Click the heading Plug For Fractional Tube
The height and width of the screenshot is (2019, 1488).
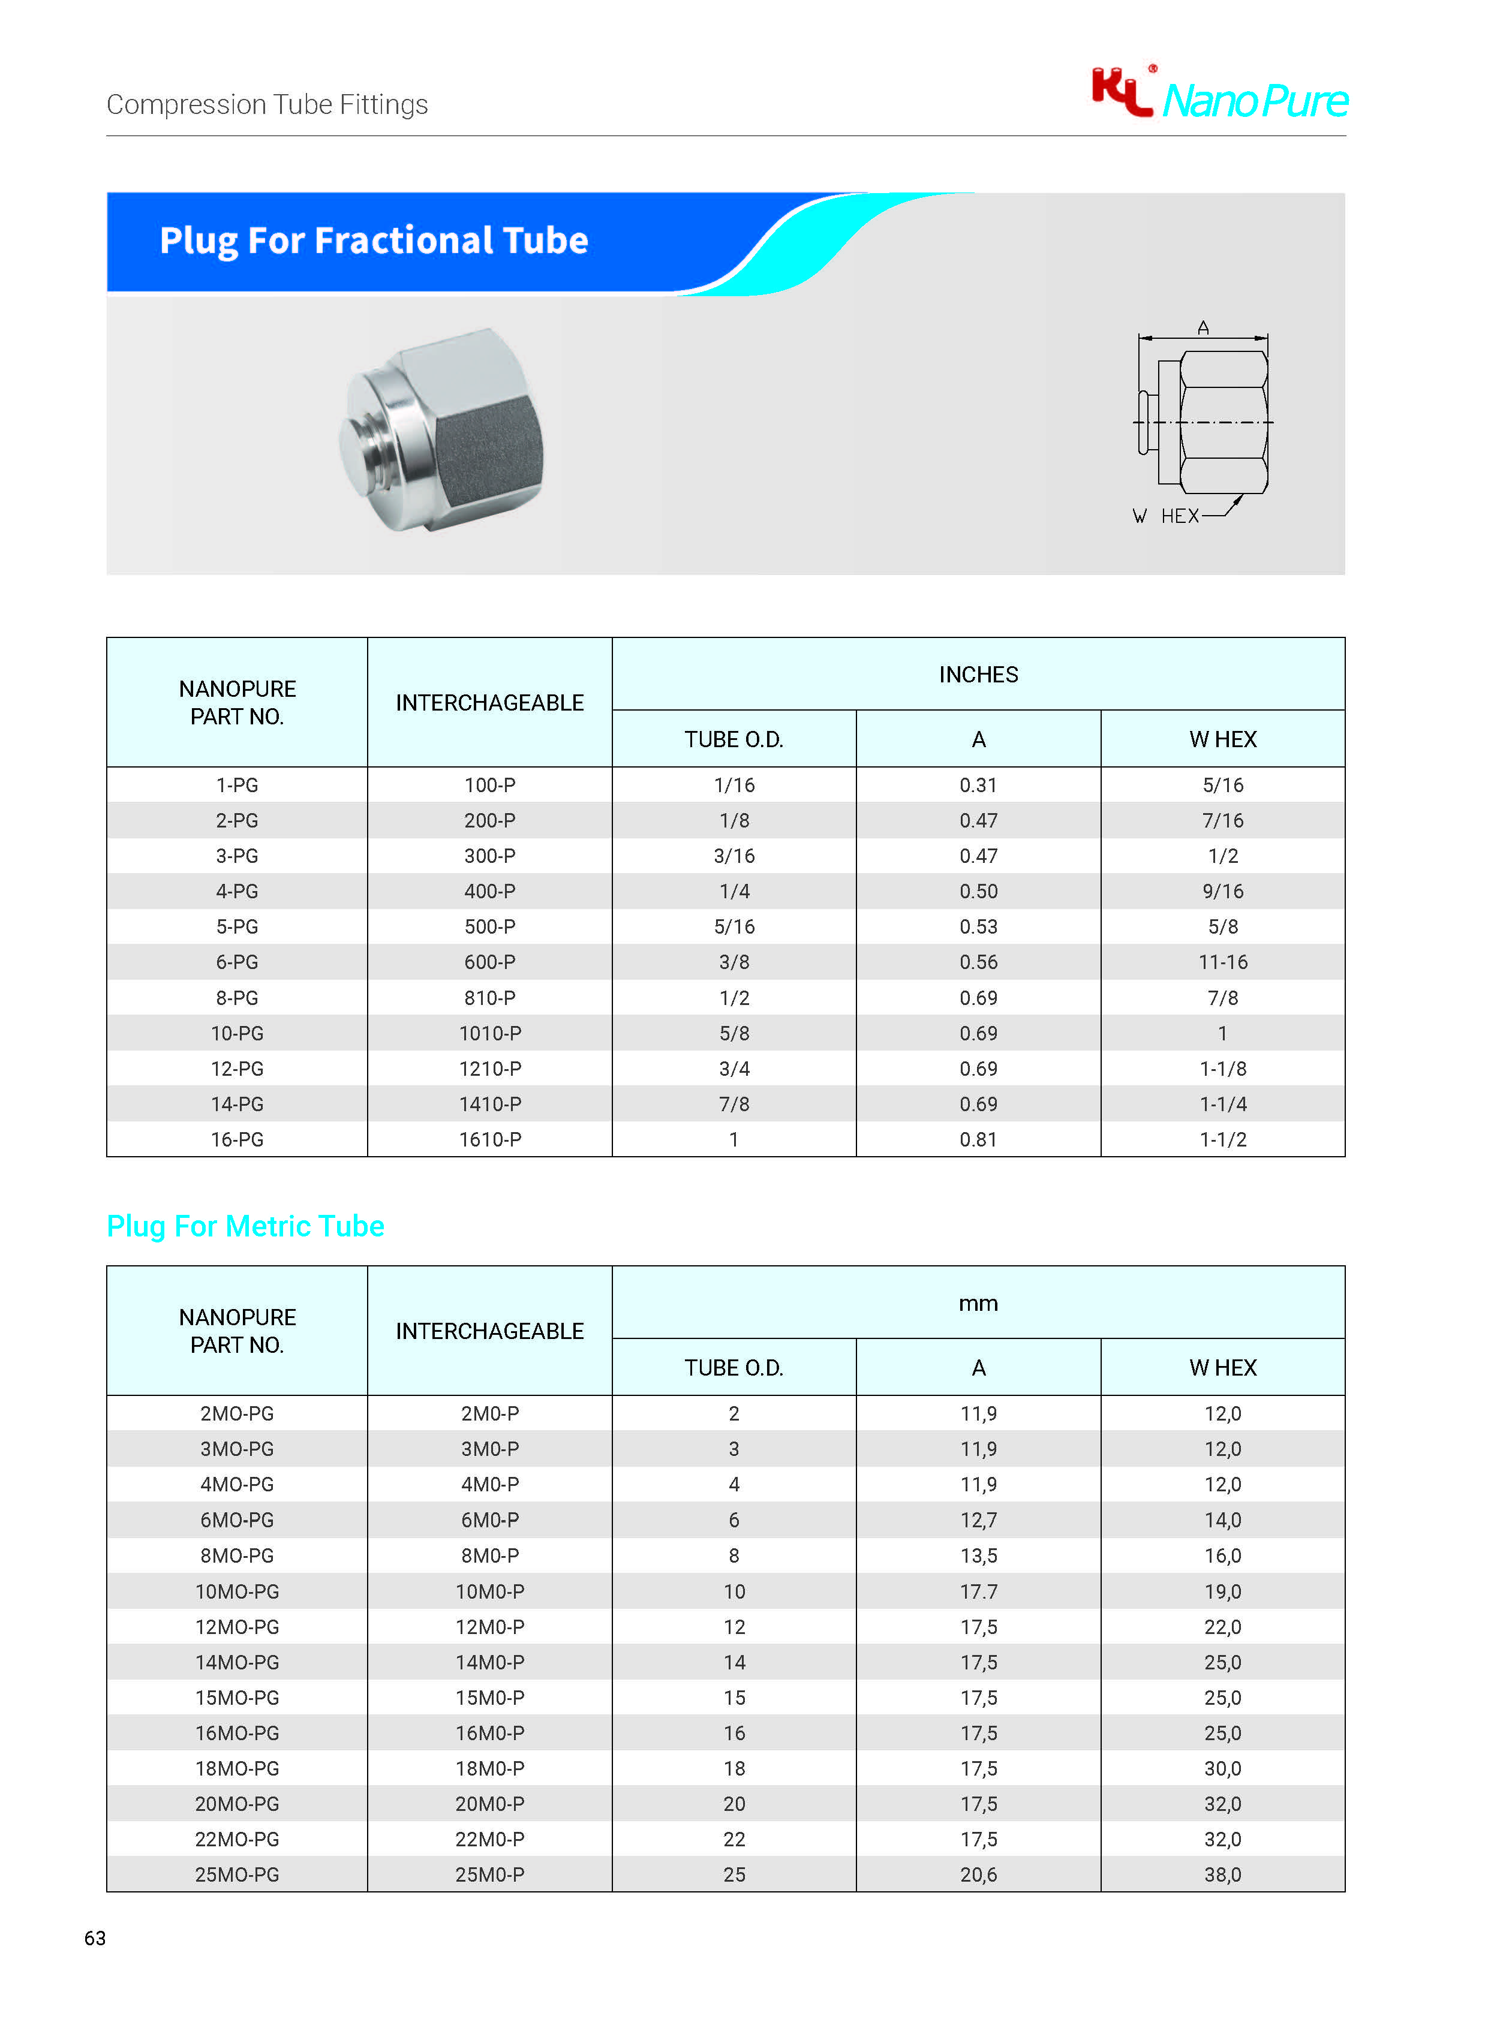click(374, 240)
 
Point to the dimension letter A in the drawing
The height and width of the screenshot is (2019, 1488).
click(1203, 328)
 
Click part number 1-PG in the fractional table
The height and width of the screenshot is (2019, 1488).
click(237, 786)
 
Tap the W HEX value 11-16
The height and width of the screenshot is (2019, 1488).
click(1222, 962)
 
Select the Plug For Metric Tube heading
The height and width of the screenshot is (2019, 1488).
click(245, 1226)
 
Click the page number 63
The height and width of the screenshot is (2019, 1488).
click(95, 1938)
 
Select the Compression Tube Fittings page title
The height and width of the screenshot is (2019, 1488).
click(267, 104)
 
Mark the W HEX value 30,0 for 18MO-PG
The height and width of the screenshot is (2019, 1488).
click(1222, 1769)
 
